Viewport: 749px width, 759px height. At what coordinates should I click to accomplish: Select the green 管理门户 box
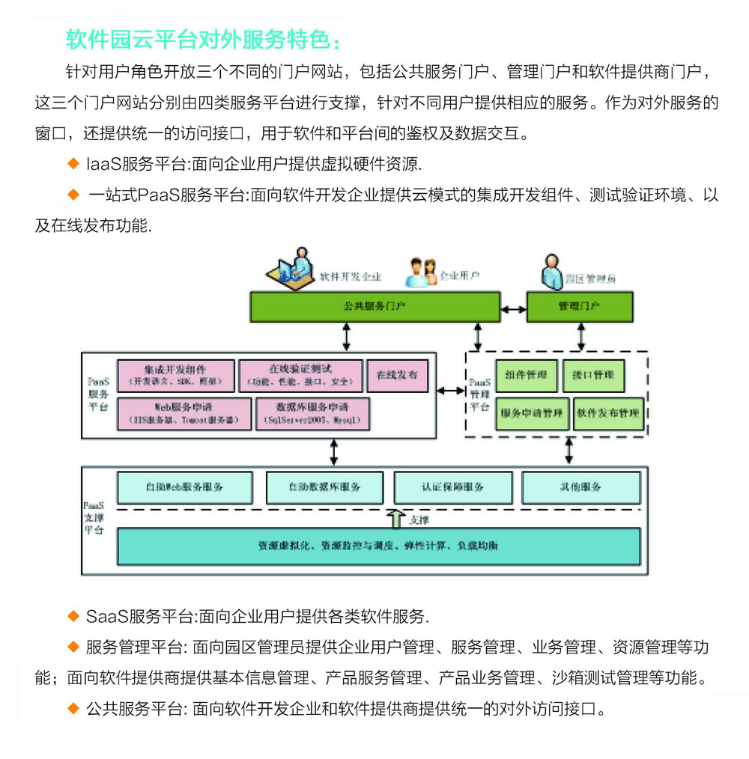579,307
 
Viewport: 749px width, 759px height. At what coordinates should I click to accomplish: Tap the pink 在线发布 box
397,375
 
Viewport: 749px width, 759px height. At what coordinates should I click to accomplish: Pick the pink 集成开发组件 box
175,375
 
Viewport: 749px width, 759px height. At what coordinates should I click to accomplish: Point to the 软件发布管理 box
608,413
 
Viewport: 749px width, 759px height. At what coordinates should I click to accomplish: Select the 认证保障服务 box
452,487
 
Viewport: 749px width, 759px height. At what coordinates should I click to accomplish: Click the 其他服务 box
580,487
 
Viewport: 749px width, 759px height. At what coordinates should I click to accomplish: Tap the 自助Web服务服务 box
184,487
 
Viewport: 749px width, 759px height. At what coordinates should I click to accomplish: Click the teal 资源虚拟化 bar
378,546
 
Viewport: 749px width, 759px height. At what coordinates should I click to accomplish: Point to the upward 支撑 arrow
395,519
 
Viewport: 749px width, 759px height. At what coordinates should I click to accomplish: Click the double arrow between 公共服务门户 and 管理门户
513,308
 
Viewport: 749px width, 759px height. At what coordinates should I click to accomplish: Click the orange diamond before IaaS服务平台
73,163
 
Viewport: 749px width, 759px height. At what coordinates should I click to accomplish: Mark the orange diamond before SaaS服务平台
73,617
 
